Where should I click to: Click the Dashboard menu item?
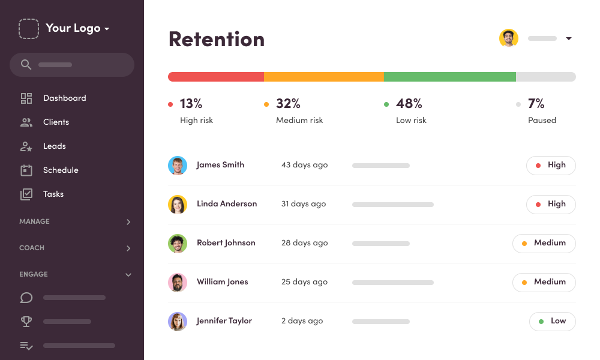point(64,98)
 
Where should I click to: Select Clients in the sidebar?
point(56,122)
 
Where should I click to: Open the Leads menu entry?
point(54,146)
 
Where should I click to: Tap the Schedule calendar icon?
point(26,170)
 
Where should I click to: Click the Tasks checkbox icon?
point(26,194)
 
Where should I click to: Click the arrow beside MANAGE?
point(128,222)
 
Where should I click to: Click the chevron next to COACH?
point(128,248)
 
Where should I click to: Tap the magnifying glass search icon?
point(26,65)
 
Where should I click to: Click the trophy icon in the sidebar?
point(26,322)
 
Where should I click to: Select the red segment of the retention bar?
point(216,77)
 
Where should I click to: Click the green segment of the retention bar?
point(450,77)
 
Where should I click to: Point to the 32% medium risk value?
point(288,104)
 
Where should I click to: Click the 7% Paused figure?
point(536,104)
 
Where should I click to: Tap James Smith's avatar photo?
point(178,166)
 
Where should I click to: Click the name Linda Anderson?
point(227,204)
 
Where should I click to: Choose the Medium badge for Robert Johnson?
point(544,243)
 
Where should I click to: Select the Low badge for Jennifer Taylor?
point(552,321)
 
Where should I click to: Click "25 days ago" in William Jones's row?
point(304,282)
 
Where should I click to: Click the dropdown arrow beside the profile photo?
point(569,39)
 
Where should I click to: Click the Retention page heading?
point(217,40)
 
